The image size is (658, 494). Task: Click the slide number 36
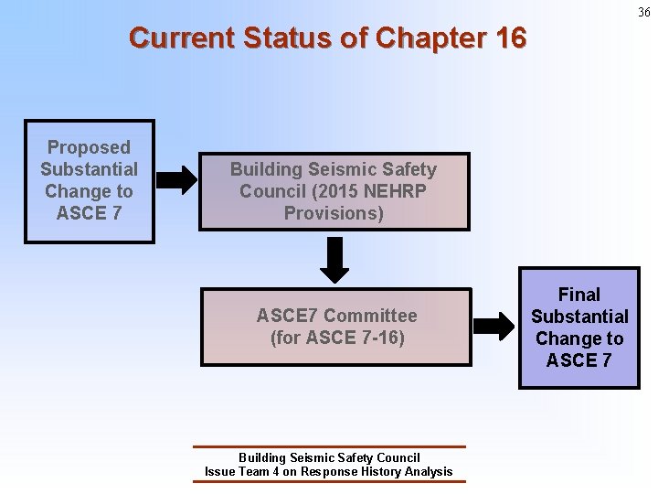644,12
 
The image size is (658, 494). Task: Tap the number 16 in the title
511,38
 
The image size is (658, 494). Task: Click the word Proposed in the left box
89,147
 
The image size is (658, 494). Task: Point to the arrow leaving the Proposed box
176,180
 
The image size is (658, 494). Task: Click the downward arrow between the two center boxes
336,260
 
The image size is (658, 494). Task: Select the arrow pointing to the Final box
494,326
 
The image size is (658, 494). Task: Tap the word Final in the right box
579,295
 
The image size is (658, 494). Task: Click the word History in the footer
377,472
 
